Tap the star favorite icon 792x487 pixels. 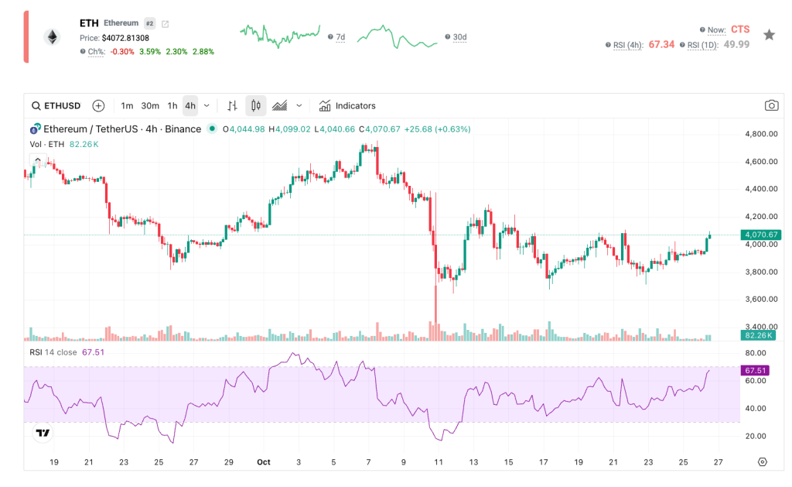pyautogui.click(x=769, y=35)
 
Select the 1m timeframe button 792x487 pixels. pyautogui.click(x=127, y=106)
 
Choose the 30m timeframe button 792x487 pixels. pyautogui.click(x=150, y=106)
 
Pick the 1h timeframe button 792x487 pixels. pyautogui.click(x=172, y=106)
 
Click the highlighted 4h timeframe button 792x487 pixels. pyautogui.click(x=190, y=106)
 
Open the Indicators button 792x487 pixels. pyautogui.click(x=347, y=106)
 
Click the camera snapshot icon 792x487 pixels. pyautogui.click(x=771, y=106)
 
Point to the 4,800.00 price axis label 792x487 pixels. pyautogui.click(x=760, y=134)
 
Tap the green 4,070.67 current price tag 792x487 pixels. pyautogui.click(x=760, y=235)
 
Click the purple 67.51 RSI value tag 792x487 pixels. pyautogui.click(x=756, y=371)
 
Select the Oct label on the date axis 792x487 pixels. pyautogui.click(x=264, y=462)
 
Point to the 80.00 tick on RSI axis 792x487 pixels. pyautogui.click(x=755, y=353)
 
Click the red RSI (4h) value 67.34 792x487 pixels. pyautogui.click(x=661, y=45)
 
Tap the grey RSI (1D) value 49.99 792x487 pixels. pyautogui.click(x=736, y=45)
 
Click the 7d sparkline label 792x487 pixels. pyautogui.click(x=340, y=37)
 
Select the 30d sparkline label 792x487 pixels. pyautogui.click(x=459, y=37)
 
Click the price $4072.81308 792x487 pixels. pyautogui.click(x=125, y=38)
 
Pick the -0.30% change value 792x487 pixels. pyautogui.click(x=121, y=52)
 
